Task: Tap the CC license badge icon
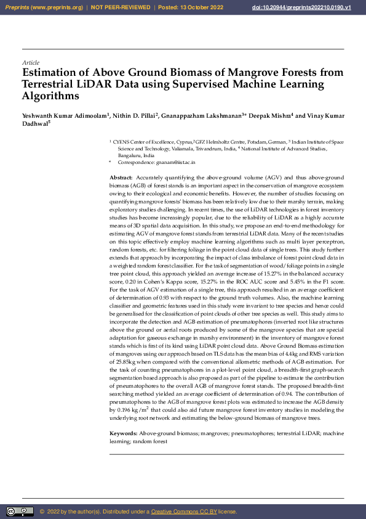[20, 512]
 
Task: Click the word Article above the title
[30, 63]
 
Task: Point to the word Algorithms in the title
[50, 96]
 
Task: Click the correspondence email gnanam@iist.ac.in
[175, 161]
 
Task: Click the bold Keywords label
[123, 435]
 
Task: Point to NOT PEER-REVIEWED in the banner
[122, 7]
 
